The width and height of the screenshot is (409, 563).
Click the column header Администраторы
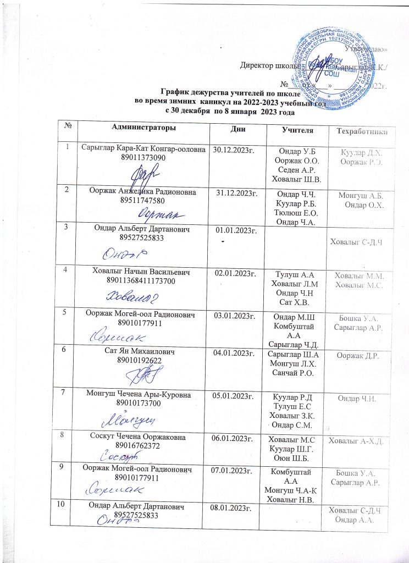tap(144, 128)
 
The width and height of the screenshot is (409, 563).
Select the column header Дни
tap(238, 128)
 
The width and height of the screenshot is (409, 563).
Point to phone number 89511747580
tap(145, 199)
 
